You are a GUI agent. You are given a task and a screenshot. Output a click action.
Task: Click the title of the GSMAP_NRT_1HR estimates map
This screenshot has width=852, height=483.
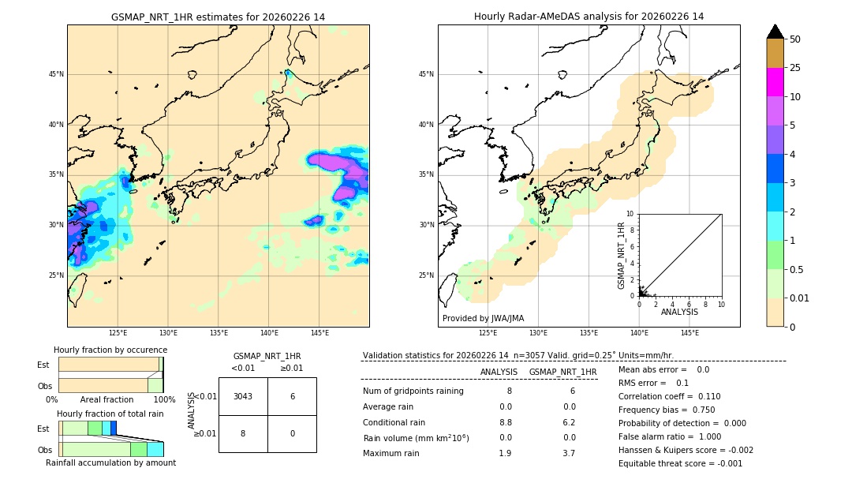218,17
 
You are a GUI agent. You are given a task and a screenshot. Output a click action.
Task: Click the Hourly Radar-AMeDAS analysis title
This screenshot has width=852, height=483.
589,17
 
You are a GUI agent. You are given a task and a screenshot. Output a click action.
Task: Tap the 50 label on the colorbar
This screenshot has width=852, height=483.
795,39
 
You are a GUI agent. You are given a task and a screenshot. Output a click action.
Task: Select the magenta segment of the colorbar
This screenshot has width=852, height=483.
775,82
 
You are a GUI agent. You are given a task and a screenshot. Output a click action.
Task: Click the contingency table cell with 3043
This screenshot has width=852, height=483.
243,396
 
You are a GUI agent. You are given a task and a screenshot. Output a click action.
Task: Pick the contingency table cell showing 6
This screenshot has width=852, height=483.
292,396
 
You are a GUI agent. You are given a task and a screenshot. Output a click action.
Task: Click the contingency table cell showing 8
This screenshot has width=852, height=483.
243,433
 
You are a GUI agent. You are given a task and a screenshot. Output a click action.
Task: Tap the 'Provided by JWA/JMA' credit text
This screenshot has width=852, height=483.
483,318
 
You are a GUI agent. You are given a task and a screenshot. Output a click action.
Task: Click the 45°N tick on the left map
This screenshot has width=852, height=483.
56,74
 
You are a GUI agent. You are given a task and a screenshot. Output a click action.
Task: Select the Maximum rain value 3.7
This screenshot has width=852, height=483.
568,453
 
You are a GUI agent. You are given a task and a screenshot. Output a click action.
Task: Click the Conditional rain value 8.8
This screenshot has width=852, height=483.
505,422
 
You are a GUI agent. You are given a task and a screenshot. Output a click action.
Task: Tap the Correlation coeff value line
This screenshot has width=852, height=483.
669,396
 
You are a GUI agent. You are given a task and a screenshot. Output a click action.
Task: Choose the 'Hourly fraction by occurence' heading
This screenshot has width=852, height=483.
110,350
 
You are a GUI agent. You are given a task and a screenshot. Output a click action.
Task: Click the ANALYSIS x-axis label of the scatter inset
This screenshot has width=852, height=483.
679,312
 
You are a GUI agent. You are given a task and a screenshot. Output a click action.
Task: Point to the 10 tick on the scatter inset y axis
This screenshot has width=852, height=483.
630,214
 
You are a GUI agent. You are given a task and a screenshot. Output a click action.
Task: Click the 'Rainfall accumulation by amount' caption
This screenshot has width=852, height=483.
110,462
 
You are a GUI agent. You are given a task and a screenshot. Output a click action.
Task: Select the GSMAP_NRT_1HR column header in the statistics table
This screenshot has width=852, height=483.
562,372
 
